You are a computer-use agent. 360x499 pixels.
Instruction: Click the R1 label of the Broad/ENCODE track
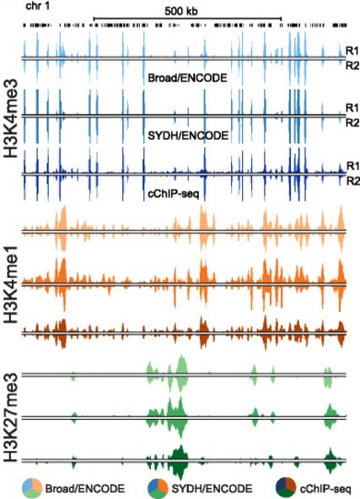tap(352, 51)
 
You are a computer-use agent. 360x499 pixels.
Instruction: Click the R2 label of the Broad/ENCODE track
tap(352, 64)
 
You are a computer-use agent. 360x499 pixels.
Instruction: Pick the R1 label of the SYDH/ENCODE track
tap(352, 109)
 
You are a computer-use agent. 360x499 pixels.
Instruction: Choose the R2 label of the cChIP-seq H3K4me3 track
tap(352, 180)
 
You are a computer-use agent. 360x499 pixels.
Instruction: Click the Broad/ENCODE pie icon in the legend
tap(33, 486)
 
